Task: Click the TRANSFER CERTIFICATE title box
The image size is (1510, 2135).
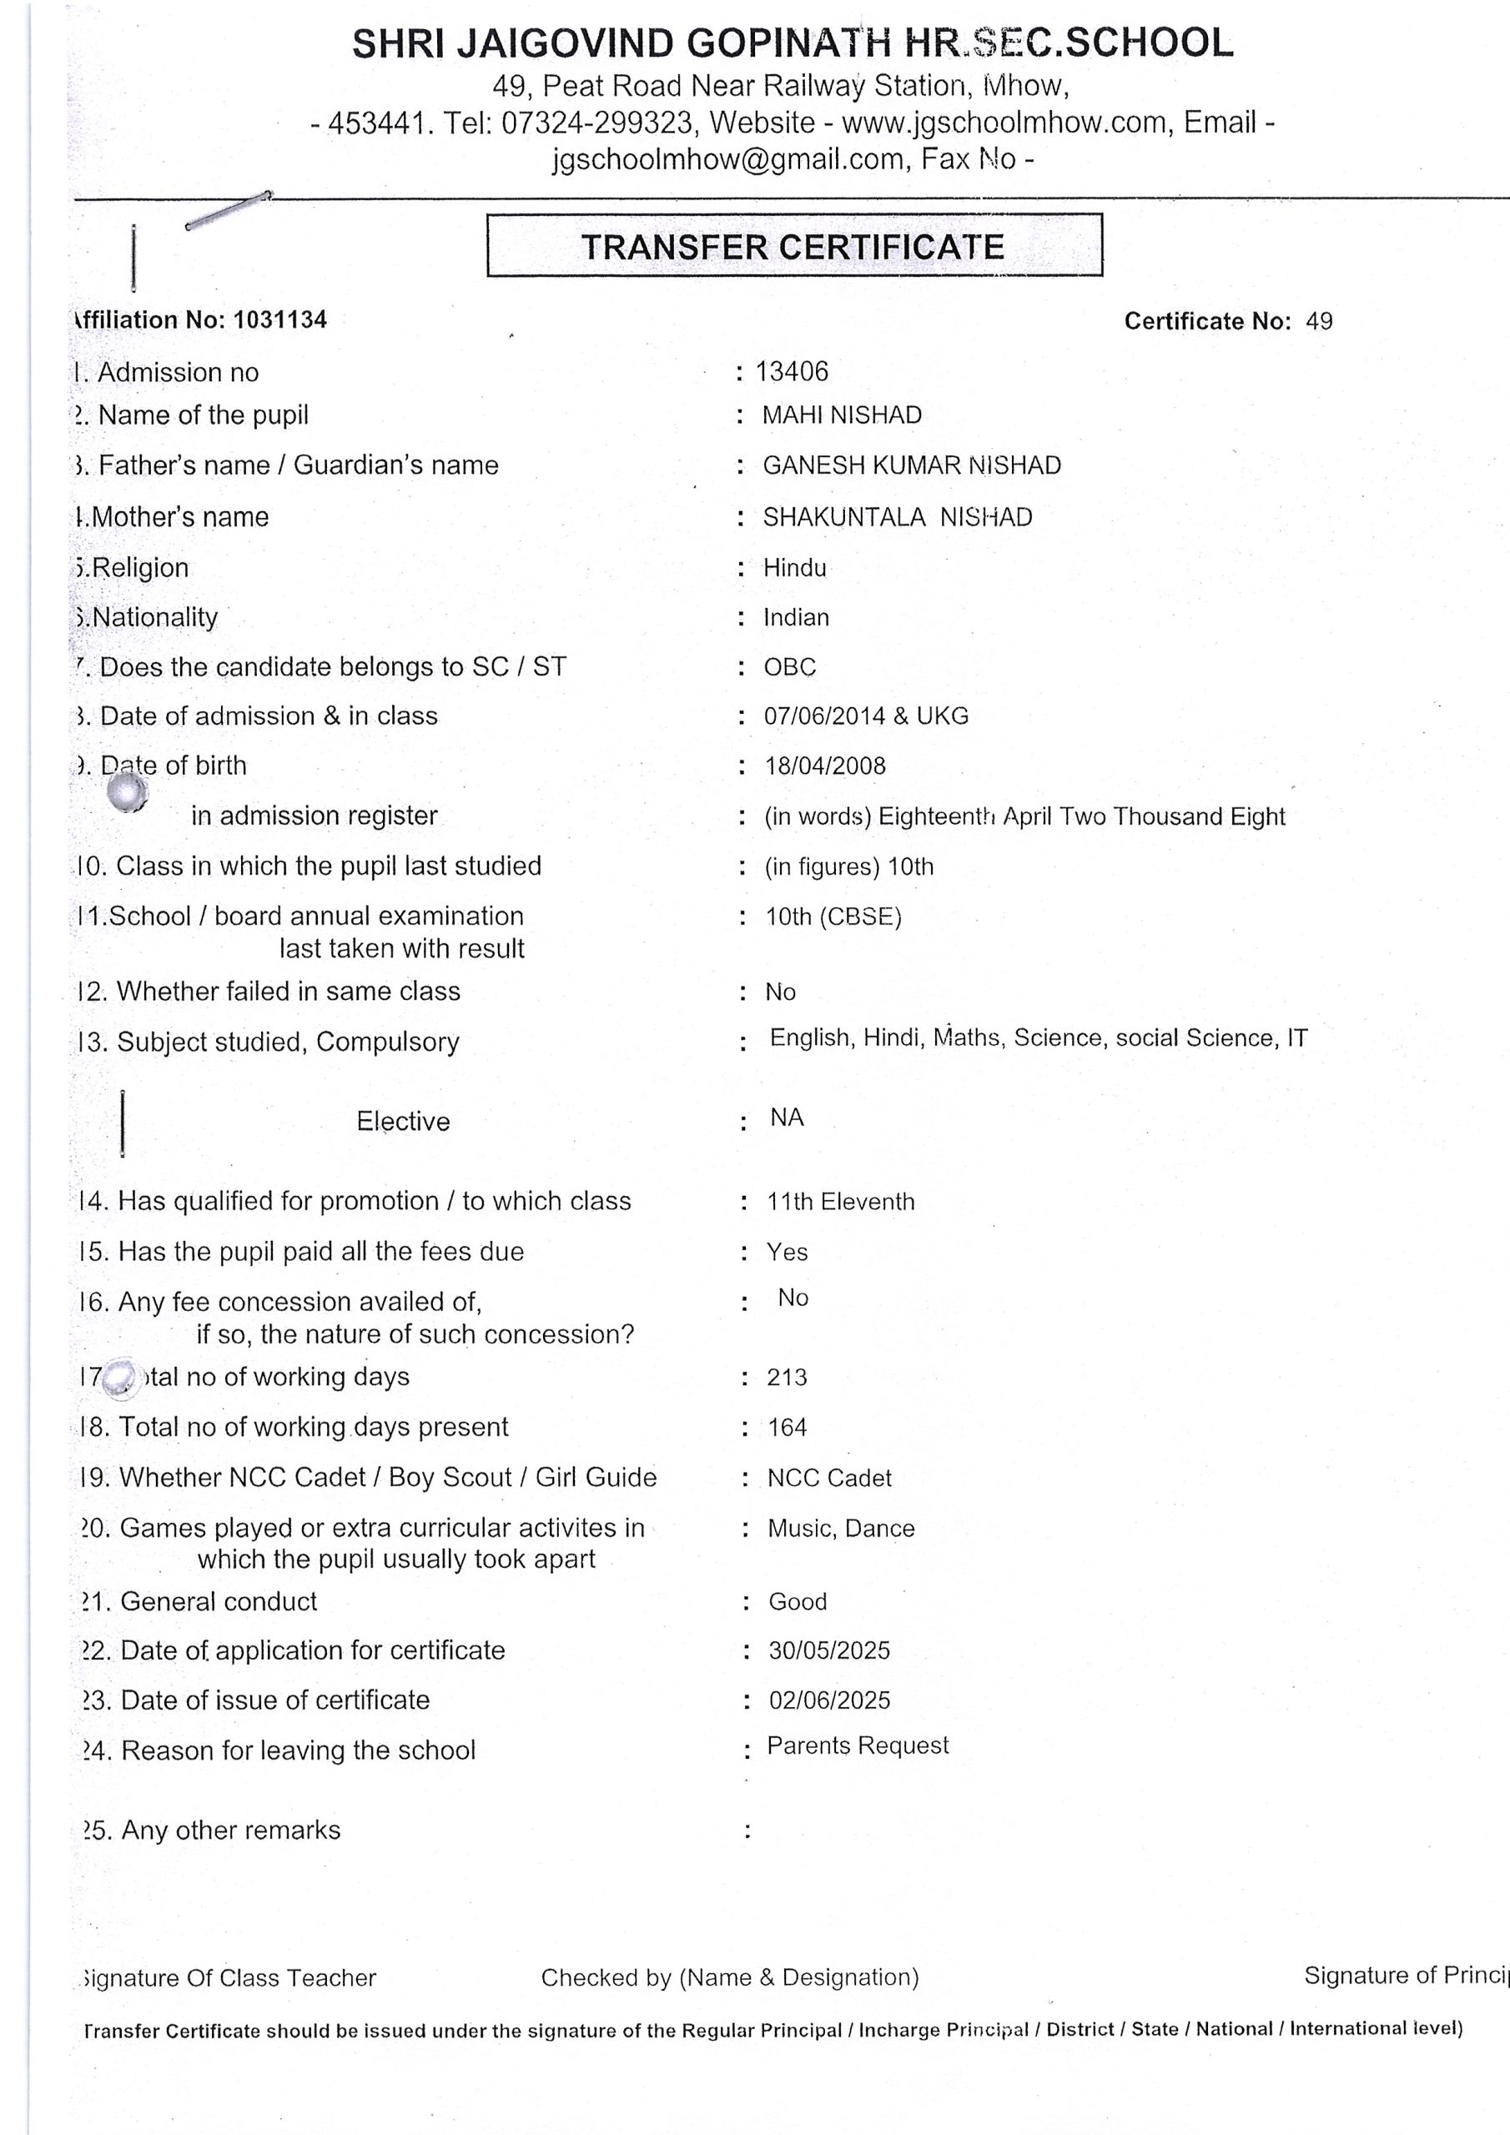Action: pyautogui.click(x=793, y=246)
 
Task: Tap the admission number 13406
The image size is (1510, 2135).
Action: pyautogui.click(x=791, y=372)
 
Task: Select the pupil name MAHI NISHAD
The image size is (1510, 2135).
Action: pyautogui.click(x=841, y=414)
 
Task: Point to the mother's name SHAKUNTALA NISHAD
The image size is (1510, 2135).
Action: pyautogui.click(x=897, y=517)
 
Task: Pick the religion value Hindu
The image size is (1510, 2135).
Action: pyautogui.click(x=793, y=568)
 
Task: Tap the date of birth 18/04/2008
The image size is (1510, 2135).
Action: pyautogui.click(x=824, y=766)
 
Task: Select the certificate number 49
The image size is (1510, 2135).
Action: pyautogui.click(x=1318, y=321)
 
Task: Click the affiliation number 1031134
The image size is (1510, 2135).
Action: pyautogui.click(x=280, y=320)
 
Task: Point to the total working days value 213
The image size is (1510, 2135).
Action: pyautogui.click(x=786, y=1377)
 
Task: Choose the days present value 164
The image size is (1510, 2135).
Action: pyautogui.click(x=787, y=1427)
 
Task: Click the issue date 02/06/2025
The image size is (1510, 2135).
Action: pyautogui.click(x=829, y=1700)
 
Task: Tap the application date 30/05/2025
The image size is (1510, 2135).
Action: pyautogui.click(x=828, y=1650)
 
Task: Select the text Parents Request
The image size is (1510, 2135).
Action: pyautogui.click(x=857, y=1746)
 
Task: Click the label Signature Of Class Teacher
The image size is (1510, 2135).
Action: pyautogui.click(x=229, y=1978)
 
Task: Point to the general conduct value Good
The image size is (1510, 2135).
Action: pyautogui.click(x=798, y=1601)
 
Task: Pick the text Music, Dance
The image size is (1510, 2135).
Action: pyautogui.click(x=840, y=1529)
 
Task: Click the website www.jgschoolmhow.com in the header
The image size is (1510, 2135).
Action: pyautogui.click(x=1004, y=123)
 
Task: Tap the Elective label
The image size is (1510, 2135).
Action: pyautogui.click(x=403, y=1122)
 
